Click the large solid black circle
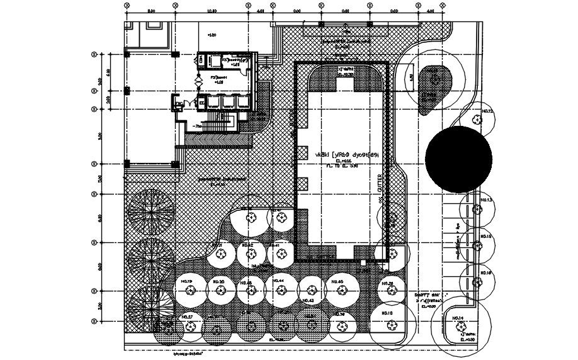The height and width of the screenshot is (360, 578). tap(458, 158)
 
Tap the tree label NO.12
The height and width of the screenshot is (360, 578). tap(486, 111)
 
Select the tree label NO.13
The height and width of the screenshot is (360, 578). tap(486, 201)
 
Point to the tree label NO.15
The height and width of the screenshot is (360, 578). tap(486, 237)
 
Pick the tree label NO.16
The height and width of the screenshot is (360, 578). tap(486, 273)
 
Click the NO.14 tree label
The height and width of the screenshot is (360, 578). tap(458, 318)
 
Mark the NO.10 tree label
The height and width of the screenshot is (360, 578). tap(387, 313)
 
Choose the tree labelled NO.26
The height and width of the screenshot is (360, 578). tap(389, 284)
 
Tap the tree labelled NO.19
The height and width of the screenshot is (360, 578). tap(186, 281)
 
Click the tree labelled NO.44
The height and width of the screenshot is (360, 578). tap(278, 281)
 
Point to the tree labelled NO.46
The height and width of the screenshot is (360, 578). tap(337, 281)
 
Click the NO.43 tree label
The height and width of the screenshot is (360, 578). tap(308, 301)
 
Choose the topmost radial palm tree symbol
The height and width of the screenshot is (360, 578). tap(150, 210)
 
